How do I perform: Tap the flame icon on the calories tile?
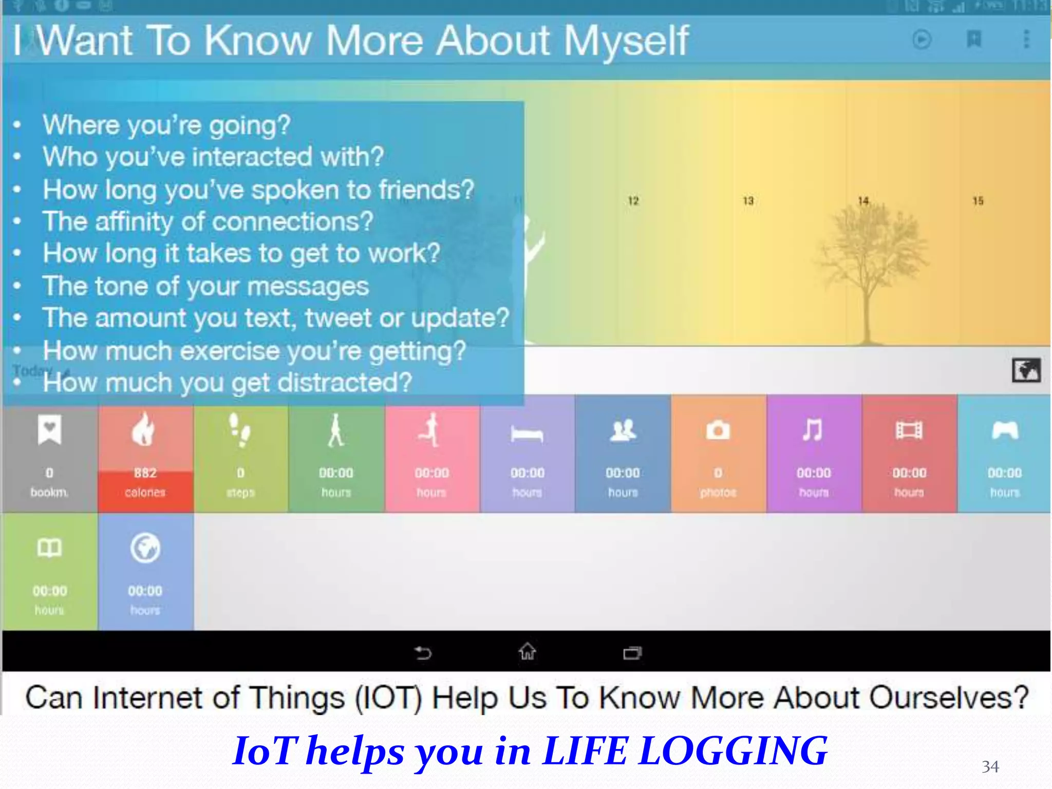[x=143, y=429]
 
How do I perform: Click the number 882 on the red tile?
[x=145, y=473]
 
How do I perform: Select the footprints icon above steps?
[x=239, y=429]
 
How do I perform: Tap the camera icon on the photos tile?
[x=718, y=430]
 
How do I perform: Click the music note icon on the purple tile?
[x=813, y=430]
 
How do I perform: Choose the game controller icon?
[x=1005, y=430]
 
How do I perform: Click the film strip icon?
[x=909, y=430]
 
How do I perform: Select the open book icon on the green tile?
[x=49, y=548]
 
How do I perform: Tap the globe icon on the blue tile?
[x=145, y=548]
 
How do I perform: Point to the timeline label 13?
[x=748, y=201]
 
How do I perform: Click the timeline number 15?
[x=978, y=201]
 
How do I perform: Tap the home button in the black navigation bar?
[x=527, y=652]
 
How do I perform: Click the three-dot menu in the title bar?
[x=1026, y=39]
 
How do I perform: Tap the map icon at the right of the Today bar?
[x=1026, y=370]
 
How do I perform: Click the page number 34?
[x=990, y=767]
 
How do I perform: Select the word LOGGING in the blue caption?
[x=733, y=751]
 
